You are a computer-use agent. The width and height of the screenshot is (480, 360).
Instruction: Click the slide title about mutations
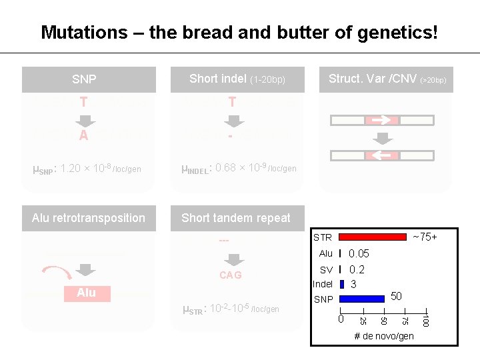coord(239,32)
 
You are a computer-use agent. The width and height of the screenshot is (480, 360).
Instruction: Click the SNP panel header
coord(85,79)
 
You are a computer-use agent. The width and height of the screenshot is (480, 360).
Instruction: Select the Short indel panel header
coord(237,79)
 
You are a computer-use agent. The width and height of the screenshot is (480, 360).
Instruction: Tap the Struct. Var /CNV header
coord(387,79)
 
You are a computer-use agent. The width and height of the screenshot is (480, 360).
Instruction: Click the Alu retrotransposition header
coord(89,218)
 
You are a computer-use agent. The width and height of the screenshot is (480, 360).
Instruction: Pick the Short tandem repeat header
coord(236,218)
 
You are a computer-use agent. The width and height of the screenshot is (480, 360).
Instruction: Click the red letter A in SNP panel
coord(83,136)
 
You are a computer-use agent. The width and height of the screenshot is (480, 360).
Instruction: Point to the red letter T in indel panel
coord(232,102)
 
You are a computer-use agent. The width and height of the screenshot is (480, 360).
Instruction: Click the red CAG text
coord(231,275)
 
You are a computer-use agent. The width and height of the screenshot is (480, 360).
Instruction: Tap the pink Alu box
coord(87,293)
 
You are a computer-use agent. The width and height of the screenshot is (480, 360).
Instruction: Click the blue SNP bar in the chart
coord(362,299)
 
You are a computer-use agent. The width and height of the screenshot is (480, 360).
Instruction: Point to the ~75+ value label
coord(425,237)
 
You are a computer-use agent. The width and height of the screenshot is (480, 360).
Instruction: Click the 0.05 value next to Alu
coord(359,253)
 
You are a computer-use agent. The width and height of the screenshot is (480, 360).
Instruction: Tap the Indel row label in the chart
coord(323,284)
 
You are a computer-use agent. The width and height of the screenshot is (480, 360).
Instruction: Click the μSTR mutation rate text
coord(231,308)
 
